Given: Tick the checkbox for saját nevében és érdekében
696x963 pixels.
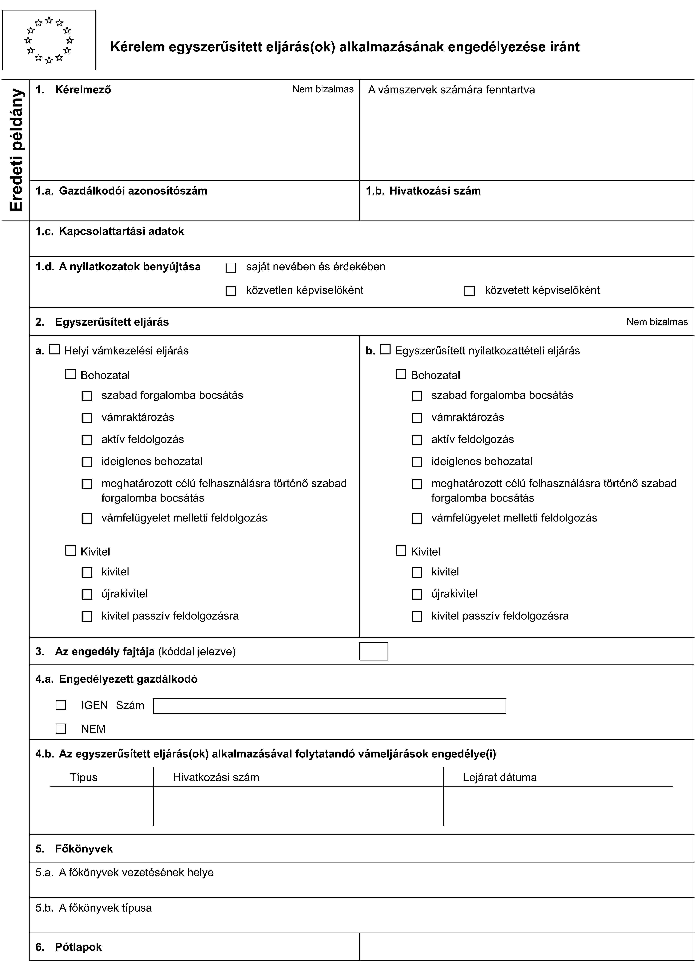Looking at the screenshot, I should (x=231, y=268).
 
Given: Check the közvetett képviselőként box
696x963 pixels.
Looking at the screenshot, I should (x=469, y=291).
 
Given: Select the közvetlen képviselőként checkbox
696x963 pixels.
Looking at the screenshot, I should (x=231, y=291).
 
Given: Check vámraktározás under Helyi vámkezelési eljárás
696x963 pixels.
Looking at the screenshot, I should (x=87, y=418).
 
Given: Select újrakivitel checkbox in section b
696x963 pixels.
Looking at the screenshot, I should (x=417, y=594).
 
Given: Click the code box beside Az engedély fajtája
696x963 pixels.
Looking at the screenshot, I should (x=374, y=651).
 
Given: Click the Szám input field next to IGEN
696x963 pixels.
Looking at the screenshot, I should (x=330, y=706).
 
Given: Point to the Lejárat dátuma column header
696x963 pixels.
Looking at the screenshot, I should (x=500, y=777).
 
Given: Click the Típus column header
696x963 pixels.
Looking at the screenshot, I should (x=84, y=777).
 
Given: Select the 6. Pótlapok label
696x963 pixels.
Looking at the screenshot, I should (x=69, y=947).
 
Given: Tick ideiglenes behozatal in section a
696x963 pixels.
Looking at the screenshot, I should (x=87, y=462).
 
